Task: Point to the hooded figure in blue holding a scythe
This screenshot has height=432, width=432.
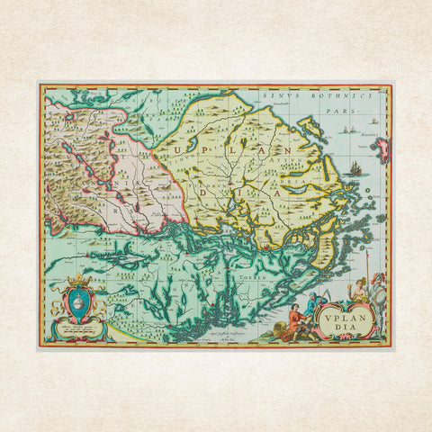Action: point(311,306)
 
